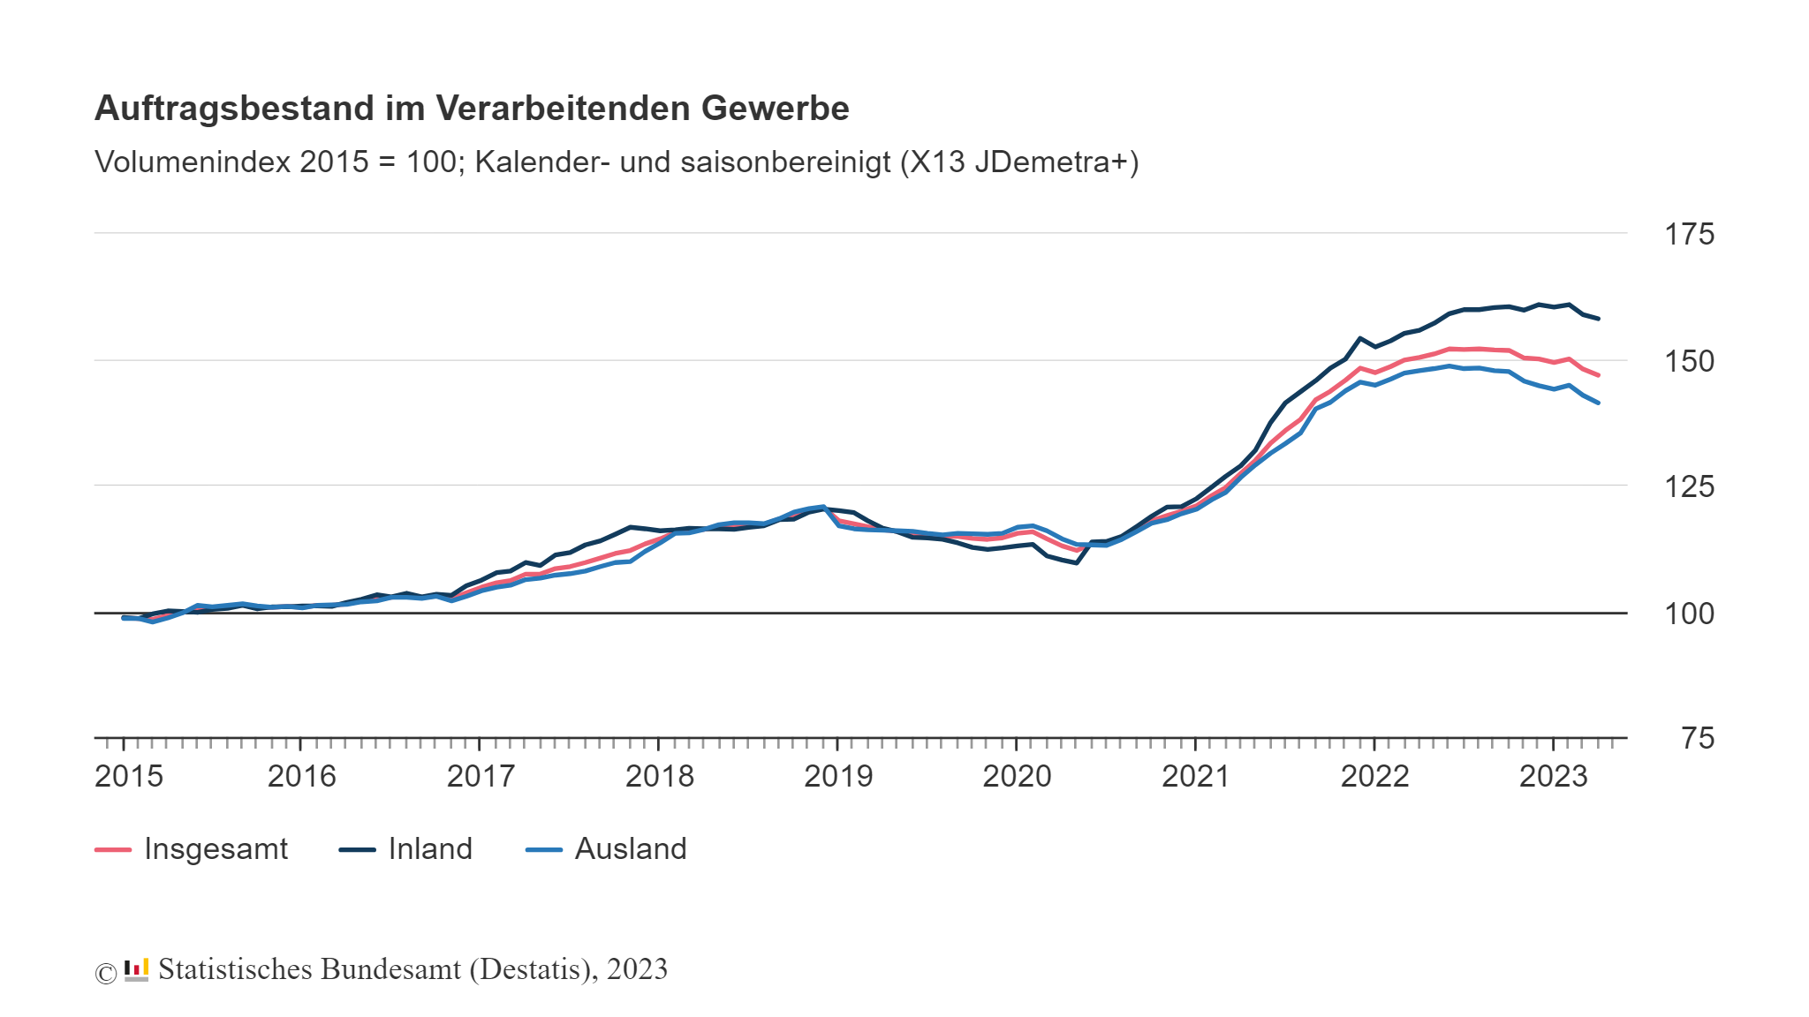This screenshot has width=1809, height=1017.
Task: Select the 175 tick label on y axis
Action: [x=1689, y=234]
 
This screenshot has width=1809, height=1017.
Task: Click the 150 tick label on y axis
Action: [x=1689, y=361]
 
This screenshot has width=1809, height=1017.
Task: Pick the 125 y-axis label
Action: [x=1689, y=486]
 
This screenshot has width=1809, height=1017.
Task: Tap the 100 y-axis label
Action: [x=1689, y=614]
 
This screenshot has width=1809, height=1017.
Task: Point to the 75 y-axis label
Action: [x=1698, y=738]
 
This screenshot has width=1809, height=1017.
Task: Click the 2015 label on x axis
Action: [x=129, y=776]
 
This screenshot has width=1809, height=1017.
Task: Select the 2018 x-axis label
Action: [x=659, y=776]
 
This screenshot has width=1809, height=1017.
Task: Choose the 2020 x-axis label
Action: [x=1017, y=776]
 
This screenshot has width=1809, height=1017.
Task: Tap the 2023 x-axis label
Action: [x=1553, y=776]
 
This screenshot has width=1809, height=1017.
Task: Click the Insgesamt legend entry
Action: [x=215, y=848]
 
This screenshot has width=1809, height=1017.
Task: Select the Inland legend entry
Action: [x=429, y=848]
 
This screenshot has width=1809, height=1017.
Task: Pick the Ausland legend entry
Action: [x=630, y=848]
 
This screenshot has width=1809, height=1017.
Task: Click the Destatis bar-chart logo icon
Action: [x=136, y=969]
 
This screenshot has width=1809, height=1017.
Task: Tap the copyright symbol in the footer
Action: [x=105, y=973]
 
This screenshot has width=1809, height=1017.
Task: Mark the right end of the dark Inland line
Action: [x=1598, y=319]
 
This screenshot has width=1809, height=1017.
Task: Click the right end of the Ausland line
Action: [x=1598, y=403]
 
